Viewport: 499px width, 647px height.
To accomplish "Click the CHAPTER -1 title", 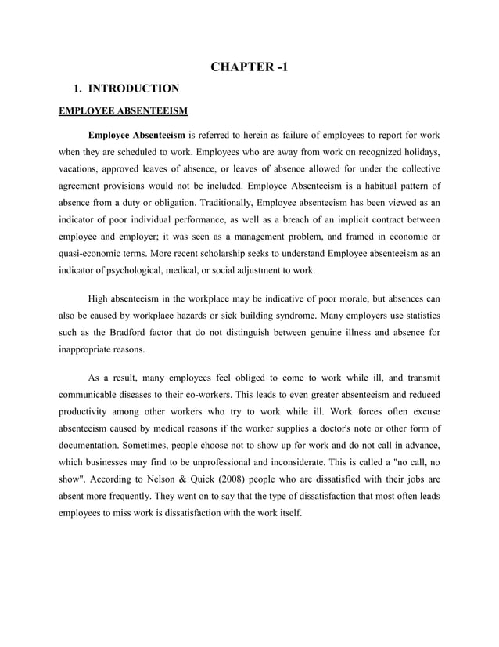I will pos(249,67).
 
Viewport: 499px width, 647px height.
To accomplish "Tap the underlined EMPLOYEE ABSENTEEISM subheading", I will pos(124,110).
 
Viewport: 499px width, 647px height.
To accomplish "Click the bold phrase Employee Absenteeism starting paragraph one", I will pos(136,132).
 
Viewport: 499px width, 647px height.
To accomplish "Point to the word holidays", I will pos(421,150).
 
